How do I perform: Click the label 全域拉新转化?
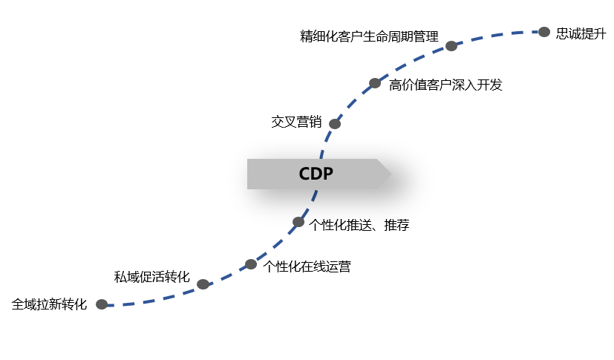(x=50, y=304)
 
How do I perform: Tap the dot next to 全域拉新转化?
(x=102, y=304)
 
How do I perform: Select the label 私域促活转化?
(x=151, y=278)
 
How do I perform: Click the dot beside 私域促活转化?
(x=203, y=284)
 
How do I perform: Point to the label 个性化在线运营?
(x=307, y=266)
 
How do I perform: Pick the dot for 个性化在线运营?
(x=251, y=264)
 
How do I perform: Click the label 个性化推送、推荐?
(x=359, y=225)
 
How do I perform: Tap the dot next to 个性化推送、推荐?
(x=298, y=222)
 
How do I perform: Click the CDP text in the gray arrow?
(x=316, y=174)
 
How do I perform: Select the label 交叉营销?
(x=296, y=122)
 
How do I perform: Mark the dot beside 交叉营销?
(x=335, y=124)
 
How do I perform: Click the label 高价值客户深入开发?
(x=445, y=85)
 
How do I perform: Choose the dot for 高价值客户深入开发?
(x=375, y=83)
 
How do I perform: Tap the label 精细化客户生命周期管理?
(x=369, y=36)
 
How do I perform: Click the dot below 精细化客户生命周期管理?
(x=451, y=46)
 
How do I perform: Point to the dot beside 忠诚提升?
(x=544, y=32)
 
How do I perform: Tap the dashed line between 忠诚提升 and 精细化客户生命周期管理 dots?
(x=497, y=35)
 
